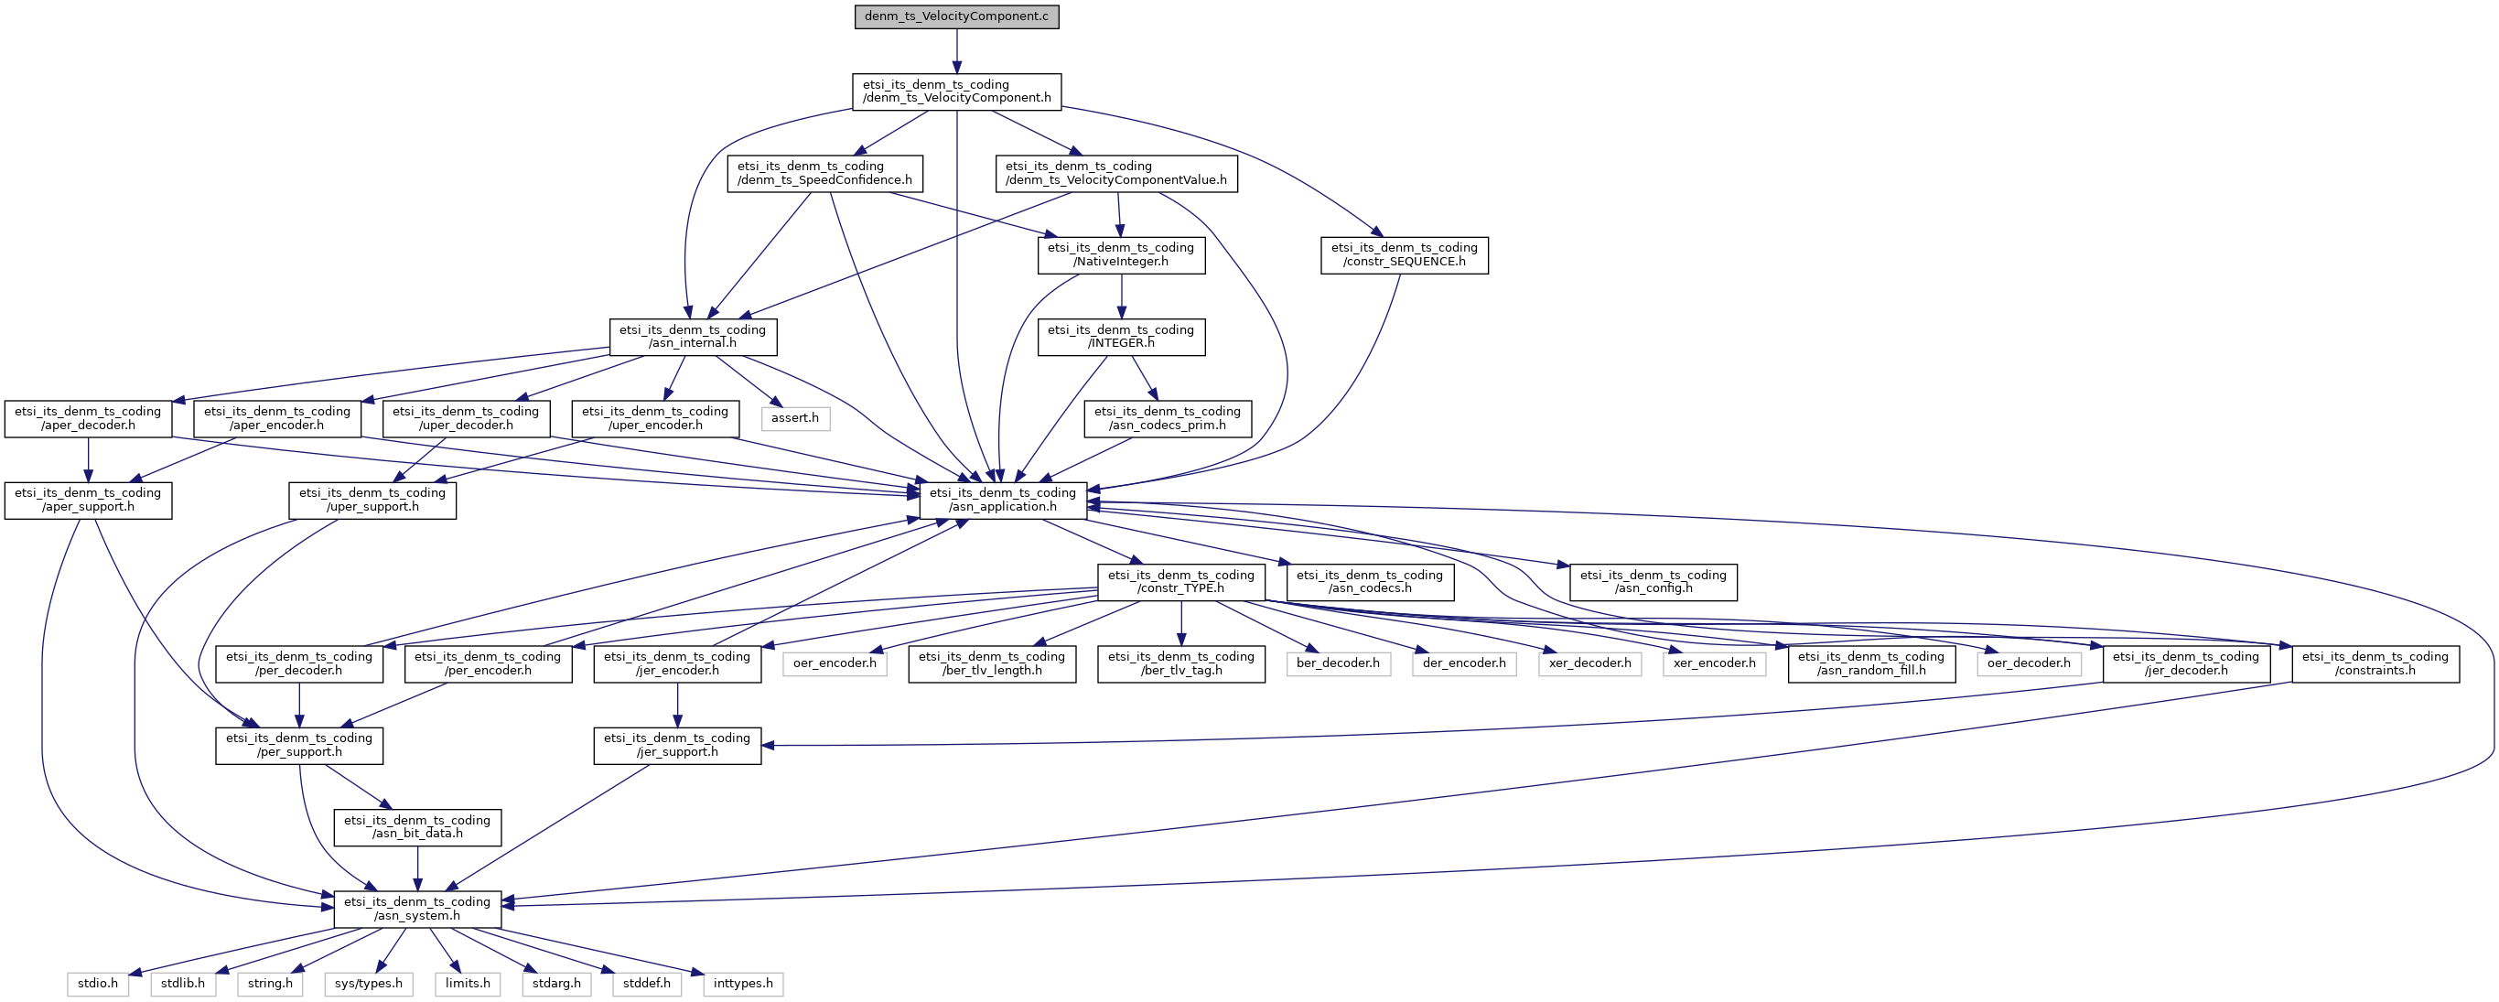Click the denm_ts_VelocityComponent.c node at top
956,16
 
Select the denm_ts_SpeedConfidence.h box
824,174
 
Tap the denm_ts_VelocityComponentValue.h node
1116,174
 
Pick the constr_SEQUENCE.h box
1404,255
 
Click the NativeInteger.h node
1122,255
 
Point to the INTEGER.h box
1122,338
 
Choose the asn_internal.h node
693,338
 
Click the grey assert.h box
795,418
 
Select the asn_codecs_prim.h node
1168,419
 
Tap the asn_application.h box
1003,501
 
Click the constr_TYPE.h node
1181,582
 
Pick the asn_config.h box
1653,582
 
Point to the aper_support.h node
88,501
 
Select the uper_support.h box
372,501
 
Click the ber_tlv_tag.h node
1181,664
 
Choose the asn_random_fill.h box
1871,664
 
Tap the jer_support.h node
677,746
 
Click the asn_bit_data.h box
417,827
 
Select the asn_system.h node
417,909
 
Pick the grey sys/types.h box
369,985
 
